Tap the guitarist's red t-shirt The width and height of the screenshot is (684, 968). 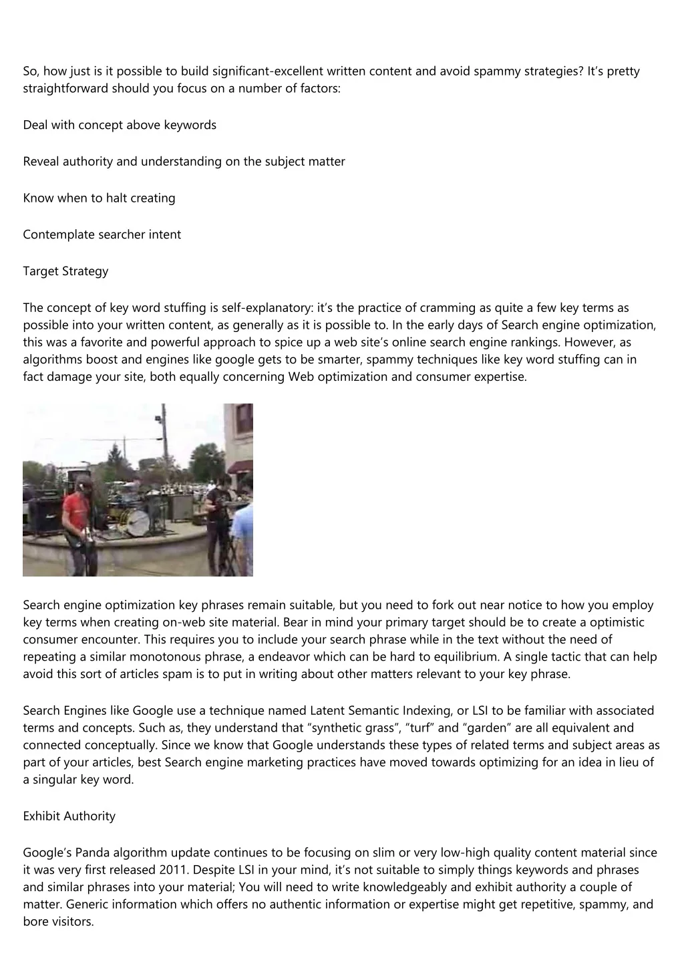pos(75,513)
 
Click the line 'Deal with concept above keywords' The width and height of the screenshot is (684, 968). pos(120,125)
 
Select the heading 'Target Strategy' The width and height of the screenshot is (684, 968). pos(65,271)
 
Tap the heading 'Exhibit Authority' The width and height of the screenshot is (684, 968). pos(69,816)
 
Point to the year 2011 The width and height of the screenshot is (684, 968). pos(173,870)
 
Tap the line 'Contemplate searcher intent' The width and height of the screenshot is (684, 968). pos(102,234)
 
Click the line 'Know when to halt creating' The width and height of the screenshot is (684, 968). pos(99,198)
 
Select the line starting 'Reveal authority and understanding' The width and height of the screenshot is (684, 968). pos(184,161)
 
